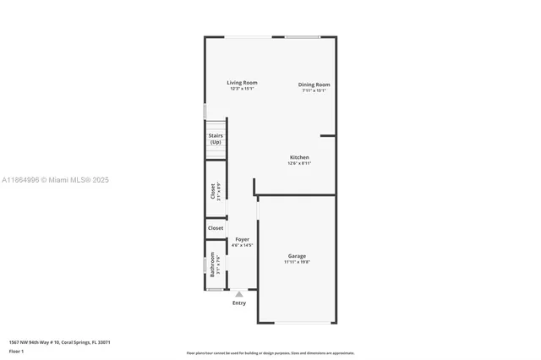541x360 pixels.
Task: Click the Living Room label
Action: [x=242, y=83]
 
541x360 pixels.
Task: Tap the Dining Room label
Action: [x=314, y=85]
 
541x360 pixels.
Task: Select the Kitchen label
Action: [x=299, y=157]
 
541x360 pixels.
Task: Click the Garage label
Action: [x=297, y=255]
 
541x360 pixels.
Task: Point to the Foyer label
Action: [x=242, y=239]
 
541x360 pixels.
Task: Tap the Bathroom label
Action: [x=213, y=265]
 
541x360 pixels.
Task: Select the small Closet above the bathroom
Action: [x=216, y=228]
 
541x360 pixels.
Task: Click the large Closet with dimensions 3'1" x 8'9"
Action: [x=214, y=192]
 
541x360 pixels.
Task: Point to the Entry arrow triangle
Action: [x=239, y=294]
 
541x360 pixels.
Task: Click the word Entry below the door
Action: [x=239, y=303]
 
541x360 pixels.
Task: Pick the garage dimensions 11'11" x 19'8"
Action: [x=297, y=262]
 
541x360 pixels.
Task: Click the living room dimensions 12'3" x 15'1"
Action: [x=242, y=89]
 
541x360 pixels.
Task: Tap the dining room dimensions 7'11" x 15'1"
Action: [x=314, y=90]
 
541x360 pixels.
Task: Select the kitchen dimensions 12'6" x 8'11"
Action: [x=299, y=163]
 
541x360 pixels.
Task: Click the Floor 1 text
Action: [x=16, y=350]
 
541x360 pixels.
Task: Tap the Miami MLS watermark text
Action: [x=55, y=180]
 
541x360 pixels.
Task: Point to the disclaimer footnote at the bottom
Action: [x=270, y=353]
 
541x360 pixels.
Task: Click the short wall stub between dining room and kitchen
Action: [x=328, y=135]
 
